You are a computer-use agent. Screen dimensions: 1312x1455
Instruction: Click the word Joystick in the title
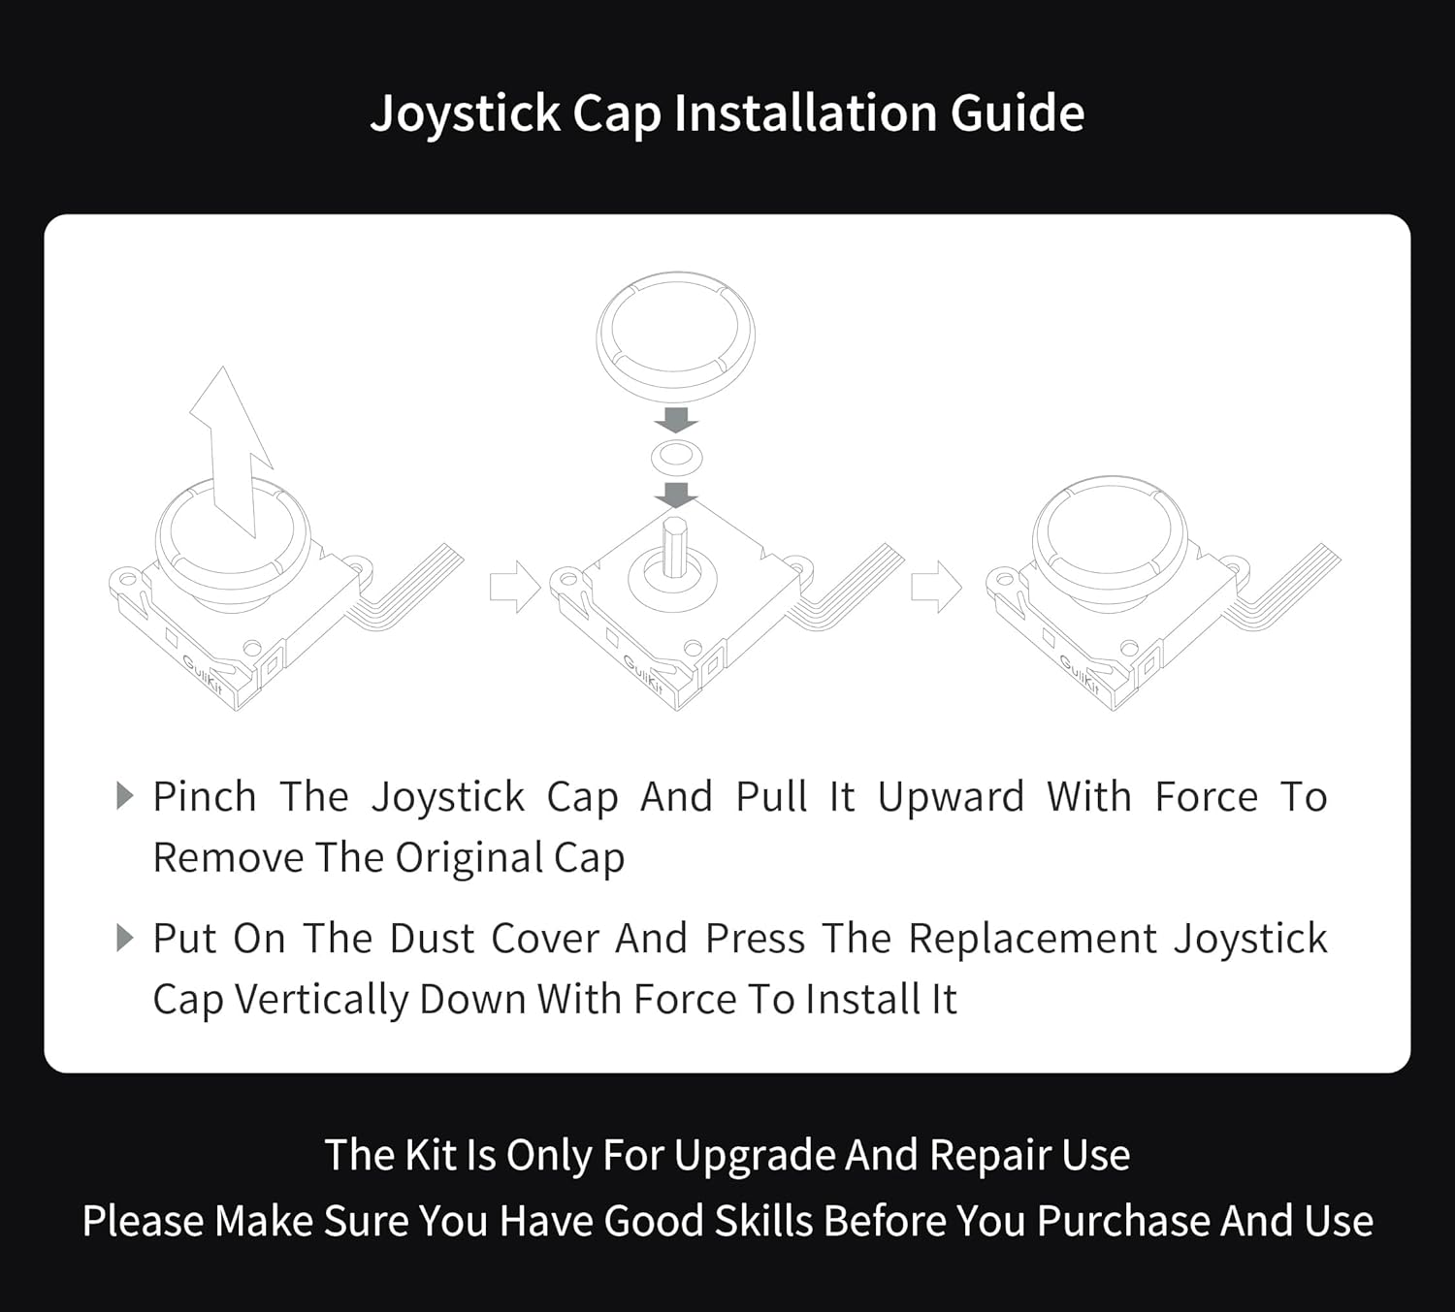tap(466, 114)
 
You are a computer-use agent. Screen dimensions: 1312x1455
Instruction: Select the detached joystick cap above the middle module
tap(675, 336)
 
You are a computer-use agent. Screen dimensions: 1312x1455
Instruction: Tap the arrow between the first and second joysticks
tap(514, 587)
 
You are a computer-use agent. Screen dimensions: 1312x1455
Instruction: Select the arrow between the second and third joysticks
tap(936, 587)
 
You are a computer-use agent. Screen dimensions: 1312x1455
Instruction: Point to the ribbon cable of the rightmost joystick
tap(1290, 587)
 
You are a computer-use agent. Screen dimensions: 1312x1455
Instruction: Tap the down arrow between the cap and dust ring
tap(676, 420)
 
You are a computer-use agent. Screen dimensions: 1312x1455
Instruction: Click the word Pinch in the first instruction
tap(205, 797)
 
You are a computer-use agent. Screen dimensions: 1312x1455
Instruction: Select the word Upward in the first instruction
tap(951, 797)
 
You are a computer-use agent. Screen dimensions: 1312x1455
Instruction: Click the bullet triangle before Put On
tap(124, 938)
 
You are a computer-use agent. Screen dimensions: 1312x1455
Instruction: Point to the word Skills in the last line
tap(763, 1221)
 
